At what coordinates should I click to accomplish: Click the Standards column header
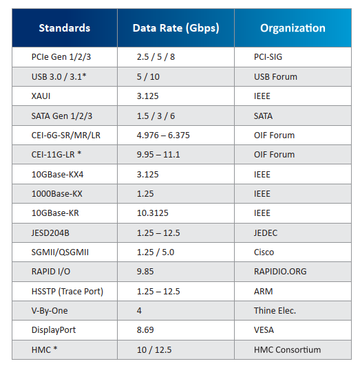[x=65, y=28]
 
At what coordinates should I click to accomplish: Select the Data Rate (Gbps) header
[x=176, y=28]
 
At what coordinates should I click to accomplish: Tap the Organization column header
[x=293, y=28]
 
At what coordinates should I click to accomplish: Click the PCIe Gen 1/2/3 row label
[x=61, y=57]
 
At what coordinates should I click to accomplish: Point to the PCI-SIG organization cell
[x=268, y=57]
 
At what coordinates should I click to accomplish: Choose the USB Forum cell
[x=275, y=77]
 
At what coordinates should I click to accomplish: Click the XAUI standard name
[x=41, y=96]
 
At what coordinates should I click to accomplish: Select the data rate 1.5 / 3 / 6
[x=156, y=116]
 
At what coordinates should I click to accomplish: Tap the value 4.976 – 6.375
[x=163, y=136]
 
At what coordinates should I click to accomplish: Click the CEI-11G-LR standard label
[x=56, y=155]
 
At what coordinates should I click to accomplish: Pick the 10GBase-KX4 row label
[x=57, y=175]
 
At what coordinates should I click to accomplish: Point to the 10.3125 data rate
[x=153, y=213]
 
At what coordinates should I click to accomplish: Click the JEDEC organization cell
[x=266, y=233]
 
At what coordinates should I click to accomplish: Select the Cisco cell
[x=264, y=252]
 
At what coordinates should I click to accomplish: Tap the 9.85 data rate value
[x=145, y=272]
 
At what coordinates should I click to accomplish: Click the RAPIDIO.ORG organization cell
[x=280, y=272]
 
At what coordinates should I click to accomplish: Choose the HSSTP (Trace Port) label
[x=67, y=292]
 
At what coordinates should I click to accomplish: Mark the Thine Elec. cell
[x=275, y=311]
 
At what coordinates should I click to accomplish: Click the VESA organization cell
[x=264, y=330]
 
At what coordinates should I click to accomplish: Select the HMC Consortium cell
[x=287, y=350]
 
